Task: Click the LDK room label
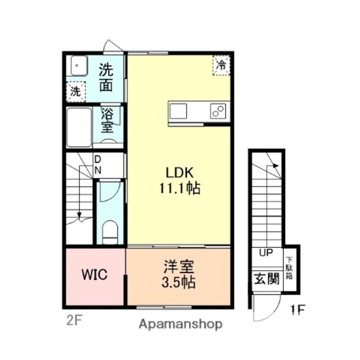point(179,172)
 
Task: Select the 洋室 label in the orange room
point(178,266)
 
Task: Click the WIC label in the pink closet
point(94,275)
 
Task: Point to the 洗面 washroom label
point(105,76)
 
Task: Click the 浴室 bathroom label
point(106,120)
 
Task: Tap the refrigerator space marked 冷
point(221,65)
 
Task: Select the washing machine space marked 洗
point(75,91)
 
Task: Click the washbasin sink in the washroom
point(78,66)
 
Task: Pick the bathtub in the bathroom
point(79,127)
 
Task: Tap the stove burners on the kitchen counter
point(218,110)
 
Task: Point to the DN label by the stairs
point(97,164)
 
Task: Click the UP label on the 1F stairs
point(265,252)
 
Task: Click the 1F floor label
point(297,311)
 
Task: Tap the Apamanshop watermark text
point(180,324)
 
